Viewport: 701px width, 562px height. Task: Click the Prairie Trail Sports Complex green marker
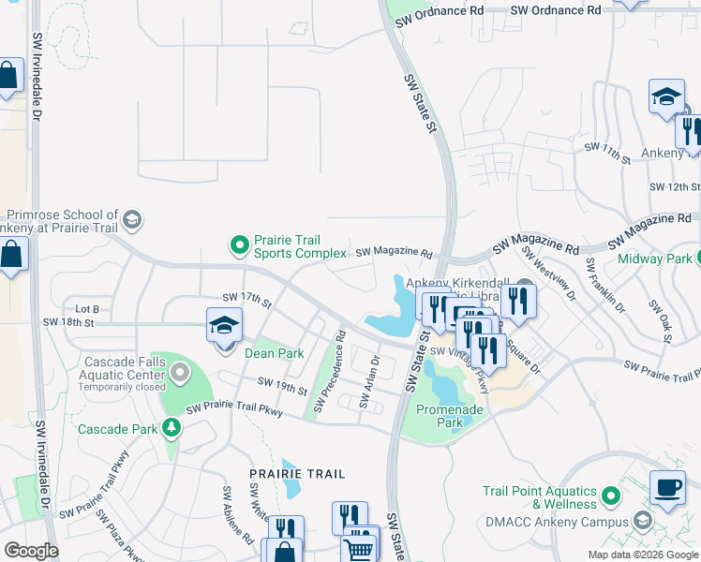point(240,246)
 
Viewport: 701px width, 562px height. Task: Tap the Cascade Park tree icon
point(171,428)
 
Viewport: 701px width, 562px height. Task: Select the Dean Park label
point(274,354)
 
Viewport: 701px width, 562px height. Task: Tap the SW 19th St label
point(282,385)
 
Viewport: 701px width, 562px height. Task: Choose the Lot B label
point(86,309)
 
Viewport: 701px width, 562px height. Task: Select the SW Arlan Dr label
point(367,384)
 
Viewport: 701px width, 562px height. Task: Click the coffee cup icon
point(666,487)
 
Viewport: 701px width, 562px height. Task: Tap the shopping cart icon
point(360,549)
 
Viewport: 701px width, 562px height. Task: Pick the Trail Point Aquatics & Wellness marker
point(611,494)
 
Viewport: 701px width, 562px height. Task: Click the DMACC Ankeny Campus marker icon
point(642,520)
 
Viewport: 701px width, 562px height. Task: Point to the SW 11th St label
point(607,153)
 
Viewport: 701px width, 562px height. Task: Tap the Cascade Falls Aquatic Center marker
point(180,374)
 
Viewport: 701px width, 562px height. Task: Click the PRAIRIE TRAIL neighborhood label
point(298,475)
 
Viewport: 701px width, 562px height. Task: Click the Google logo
point(31,551)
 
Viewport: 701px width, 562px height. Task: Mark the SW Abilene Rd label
point(237,515)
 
